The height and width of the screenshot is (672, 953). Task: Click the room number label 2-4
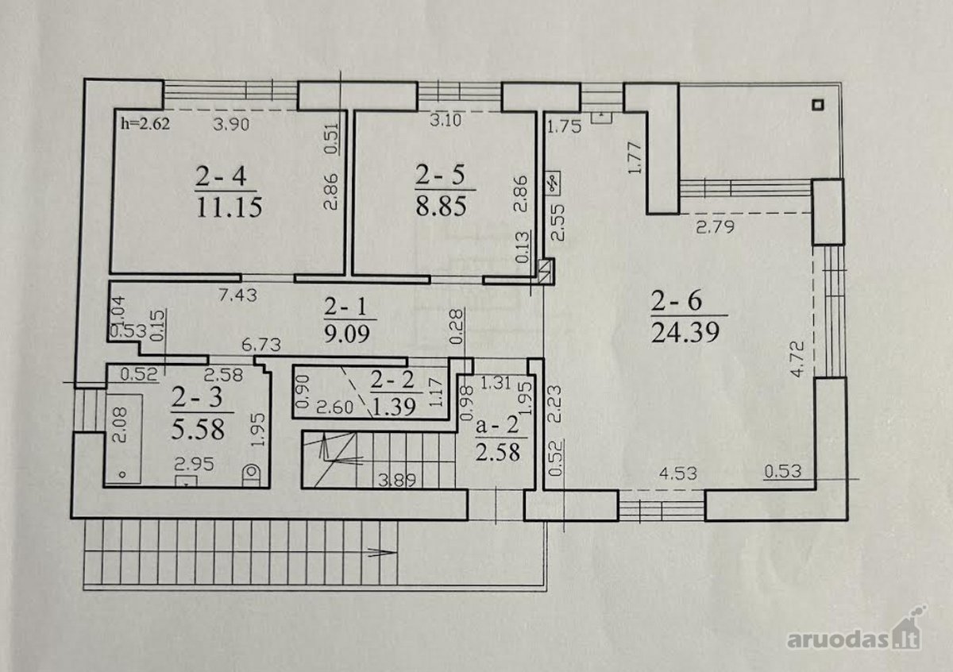pyautogui.click(x=222, y=176)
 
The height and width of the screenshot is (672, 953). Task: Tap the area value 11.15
pyautogui.click(x=230, y=208)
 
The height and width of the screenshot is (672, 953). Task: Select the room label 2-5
pyautogui.click(x=440, y=175)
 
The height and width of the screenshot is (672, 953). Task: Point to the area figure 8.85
pyautogui.click(x=441, y=207)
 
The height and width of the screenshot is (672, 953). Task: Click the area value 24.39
pyautogui.click(x=685, y=332)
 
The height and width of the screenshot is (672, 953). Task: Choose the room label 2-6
pyautogui.click(x=677, y=301)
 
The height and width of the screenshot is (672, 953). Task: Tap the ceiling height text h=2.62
pyautogui.click(x=145, y=123)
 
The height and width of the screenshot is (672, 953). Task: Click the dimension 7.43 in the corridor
pyautogui.click(x=237, y=295)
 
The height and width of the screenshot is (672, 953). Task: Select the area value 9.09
pyautogui.click(x=347, y=335)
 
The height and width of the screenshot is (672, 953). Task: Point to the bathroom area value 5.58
pyautogui.click(x=198, y=429)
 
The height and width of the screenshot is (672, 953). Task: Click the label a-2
pyautogui.click(x=498, y=425)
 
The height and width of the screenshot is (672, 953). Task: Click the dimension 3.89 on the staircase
pyautogui.click(x=397, y=481)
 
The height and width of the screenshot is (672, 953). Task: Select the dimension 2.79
pyautogui.click(x=716, y=226)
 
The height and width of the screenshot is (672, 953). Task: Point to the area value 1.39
pyautogui.click(x=393, y=407)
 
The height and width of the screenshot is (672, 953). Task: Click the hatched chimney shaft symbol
pyautogui.click(x=546, y=271)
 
